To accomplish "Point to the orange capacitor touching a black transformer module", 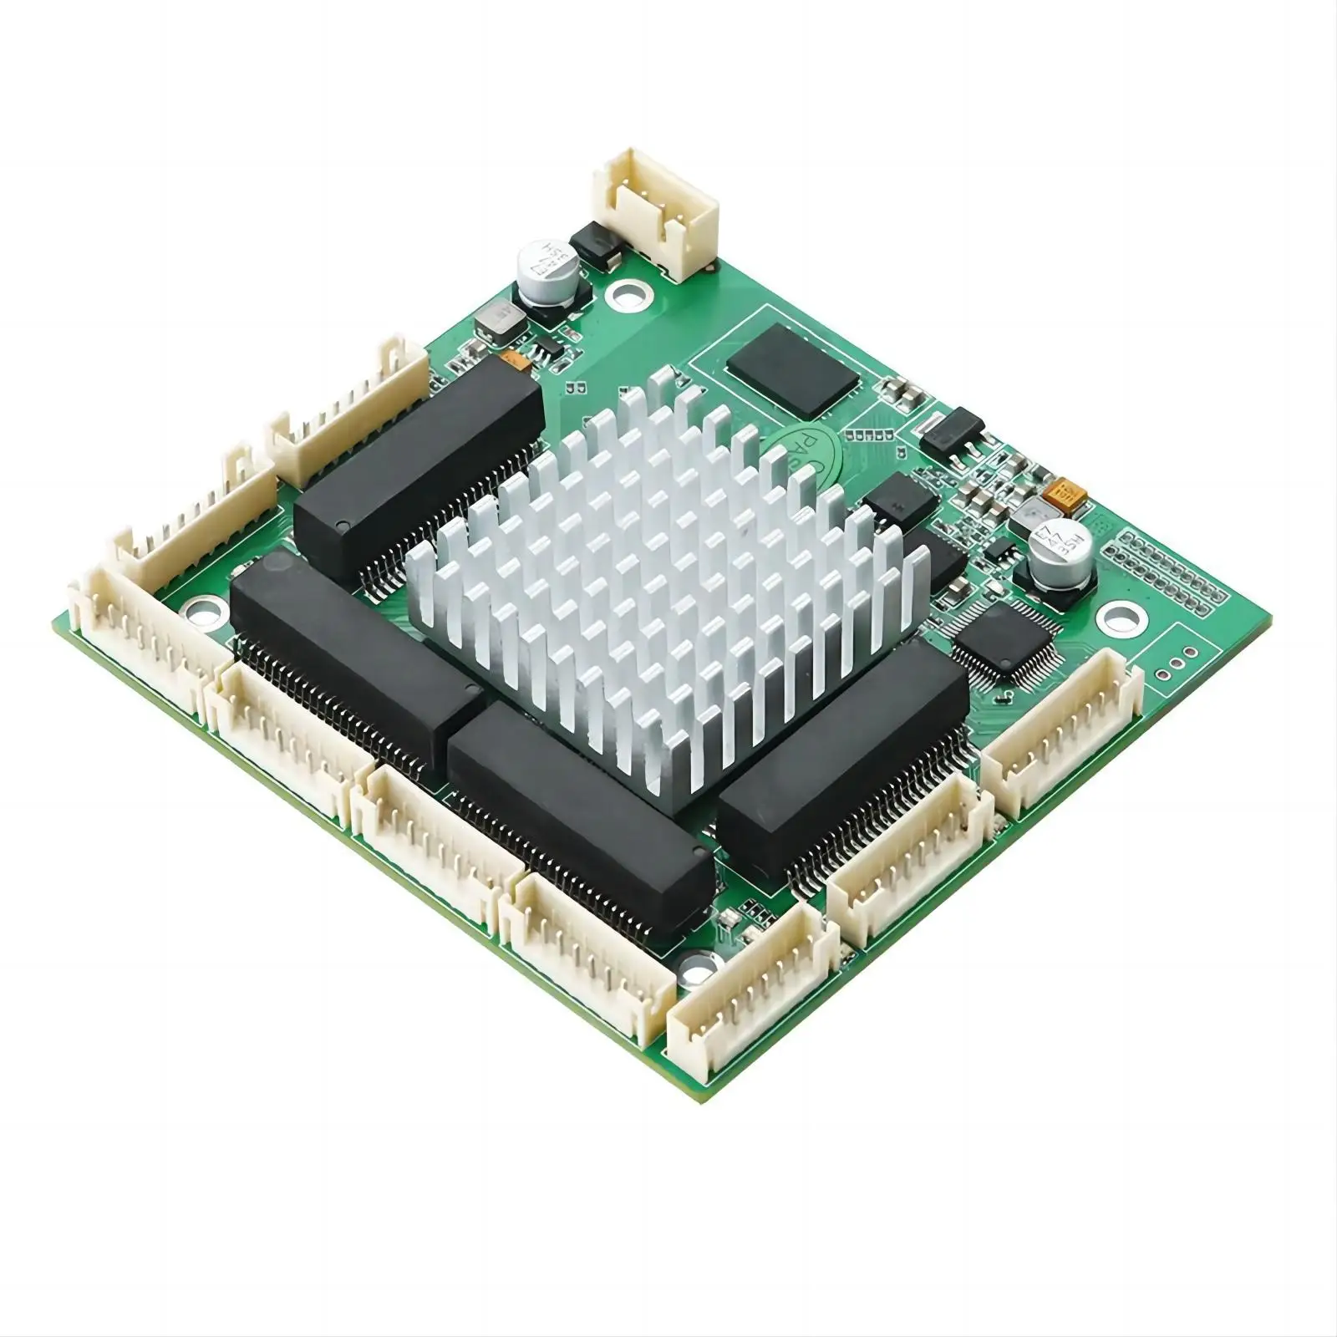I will pos(516,361).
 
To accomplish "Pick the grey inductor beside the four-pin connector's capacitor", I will pos(498,318).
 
